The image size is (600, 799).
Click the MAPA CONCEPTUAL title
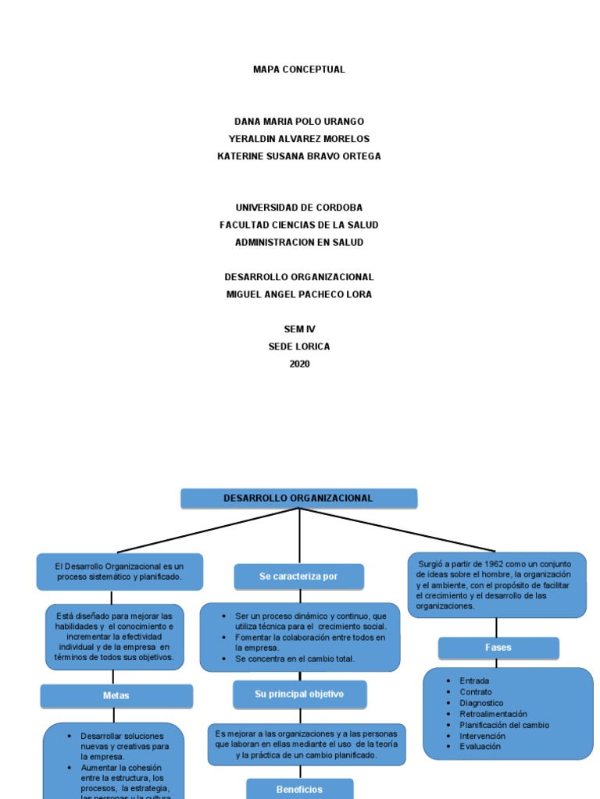coord(299,69)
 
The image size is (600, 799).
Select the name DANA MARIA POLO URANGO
coord(299,122)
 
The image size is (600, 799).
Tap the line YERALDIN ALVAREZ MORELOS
coord(299,139)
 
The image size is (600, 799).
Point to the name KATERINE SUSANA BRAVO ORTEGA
coord(299,156)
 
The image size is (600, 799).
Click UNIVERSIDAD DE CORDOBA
coord(299,208)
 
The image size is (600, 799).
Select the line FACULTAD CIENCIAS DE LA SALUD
coord(299,225)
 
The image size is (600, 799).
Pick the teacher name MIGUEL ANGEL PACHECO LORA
coord(299,294)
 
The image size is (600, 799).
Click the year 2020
coord(299,364)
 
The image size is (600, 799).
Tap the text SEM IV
coord(299,329)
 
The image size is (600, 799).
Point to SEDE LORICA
coord(299,346)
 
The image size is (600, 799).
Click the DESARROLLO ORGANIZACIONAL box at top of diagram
coord(299,499)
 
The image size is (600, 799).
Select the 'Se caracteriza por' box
coord(298,577)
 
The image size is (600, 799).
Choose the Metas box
coord(116,695)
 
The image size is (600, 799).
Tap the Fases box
coord(498,648)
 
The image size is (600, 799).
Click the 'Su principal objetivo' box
coord(299,694)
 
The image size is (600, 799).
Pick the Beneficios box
coord(299,789)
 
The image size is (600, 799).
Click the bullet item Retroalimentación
coord(493,714)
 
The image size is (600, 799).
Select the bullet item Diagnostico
coord(481,703)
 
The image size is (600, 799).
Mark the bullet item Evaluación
coord(480,747)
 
